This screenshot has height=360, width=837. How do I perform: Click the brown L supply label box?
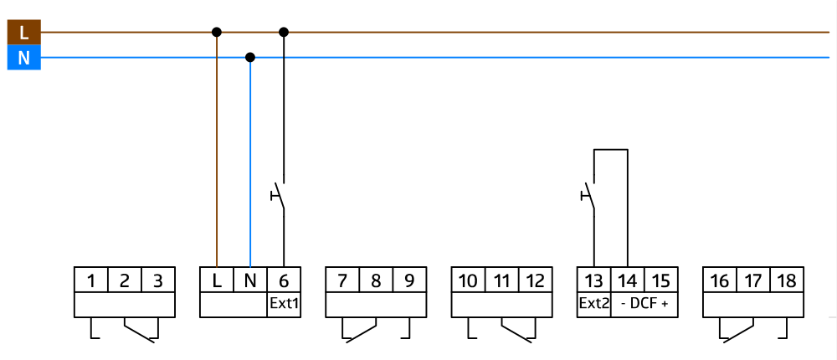[23, 33]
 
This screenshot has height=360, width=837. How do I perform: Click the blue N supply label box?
[23, 58]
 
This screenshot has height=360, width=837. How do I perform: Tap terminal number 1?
[91, 280]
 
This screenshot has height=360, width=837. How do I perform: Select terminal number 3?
[158, 280]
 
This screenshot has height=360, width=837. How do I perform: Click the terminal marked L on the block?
[217, 280]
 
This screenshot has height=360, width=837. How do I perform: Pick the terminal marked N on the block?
[250, 280]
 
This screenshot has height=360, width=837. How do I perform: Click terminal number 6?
[284, 280]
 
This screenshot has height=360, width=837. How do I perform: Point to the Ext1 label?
[284, 303]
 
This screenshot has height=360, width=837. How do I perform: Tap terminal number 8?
[376, 280]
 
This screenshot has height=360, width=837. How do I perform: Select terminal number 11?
[501, 280]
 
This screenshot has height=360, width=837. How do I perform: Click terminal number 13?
[593, 280]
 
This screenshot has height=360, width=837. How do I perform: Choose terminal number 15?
[660, 280]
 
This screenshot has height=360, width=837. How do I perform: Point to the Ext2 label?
[593, 303]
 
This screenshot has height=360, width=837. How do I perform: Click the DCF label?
[644, 303]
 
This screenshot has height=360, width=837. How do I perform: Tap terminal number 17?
[752, 280]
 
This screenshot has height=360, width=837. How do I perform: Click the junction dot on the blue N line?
[250, 58]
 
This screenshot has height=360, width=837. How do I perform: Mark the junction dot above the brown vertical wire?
[217, 33]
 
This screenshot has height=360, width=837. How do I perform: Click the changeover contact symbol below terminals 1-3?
[125, 329]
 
